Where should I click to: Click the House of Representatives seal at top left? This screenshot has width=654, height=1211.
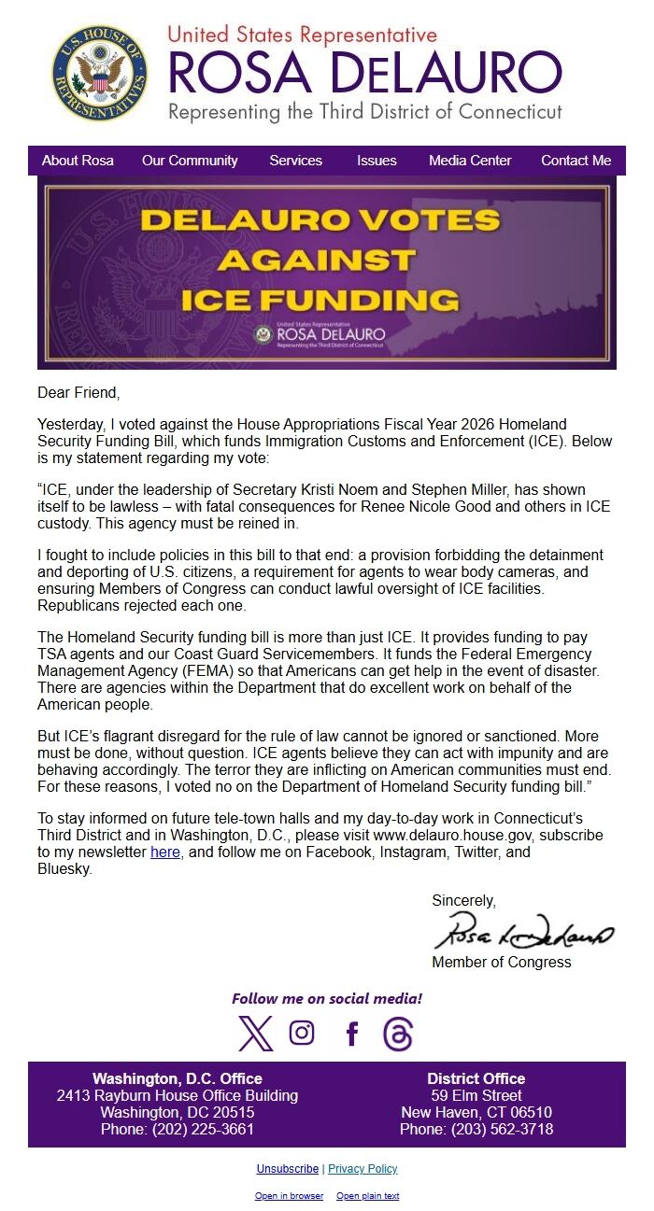pos(99,73)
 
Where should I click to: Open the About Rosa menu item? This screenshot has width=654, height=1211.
pos(78,161)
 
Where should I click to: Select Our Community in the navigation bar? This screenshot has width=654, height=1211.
pos(190,161)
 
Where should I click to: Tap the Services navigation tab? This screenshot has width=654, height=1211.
pos(295,161)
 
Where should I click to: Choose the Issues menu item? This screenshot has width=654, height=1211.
pos(377,161)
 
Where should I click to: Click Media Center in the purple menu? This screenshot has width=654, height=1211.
pos(470,161)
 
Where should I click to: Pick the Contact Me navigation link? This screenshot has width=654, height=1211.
pos(576,161)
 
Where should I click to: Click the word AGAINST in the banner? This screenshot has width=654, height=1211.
pos(317,260)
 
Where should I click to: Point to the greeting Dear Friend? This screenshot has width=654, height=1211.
pos(79,393)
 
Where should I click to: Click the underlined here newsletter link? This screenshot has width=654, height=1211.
pos(165,852)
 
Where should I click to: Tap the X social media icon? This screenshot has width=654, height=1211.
pos(255,1034)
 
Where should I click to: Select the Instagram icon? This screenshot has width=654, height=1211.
pos(302,1033)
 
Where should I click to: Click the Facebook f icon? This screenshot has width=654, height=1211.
pos(352,1034)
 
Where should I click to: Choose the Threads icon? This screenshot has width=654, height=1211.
pos(398,1034)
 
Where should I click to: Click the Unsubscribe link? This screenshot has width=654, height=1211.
pos(288,1169)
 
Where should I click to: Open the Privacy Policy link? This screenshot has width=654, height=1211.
pos(363,1169)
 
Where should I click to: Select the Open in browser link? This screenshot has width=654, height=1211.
pos(289,1196)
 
